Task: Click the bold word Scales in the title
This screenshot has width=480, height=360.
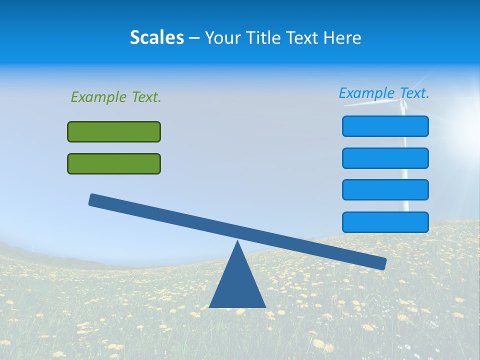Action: tap(156, 38)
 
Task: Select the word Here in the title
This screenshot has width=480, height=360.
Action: tap(342, 38)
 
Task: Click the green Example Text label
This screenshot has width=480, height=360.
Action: tap(116, 97)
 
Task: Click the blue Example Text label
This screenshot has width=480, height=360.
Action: tap(384, 93)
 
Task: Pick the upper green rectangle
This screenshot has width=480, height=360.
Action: tap(114, 132)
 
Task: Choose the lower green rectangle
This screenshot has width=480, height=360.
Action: tap(114, 164)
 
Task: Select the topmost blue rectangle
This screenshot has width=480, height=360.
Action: tap(385, 126)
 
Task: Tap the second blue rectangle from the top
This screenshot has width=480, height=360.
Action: tap(385, 158)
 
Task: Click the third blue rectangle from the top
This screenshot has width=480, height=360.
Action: tap(385, 190)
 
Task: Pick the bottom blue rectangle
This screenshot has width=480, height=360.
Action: tap(385, 222)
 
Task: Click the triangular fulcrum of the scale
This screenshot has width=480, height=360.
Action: tap(237, 285)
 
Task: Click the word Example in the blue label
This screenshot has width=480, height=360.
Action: tap(366, 93)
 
